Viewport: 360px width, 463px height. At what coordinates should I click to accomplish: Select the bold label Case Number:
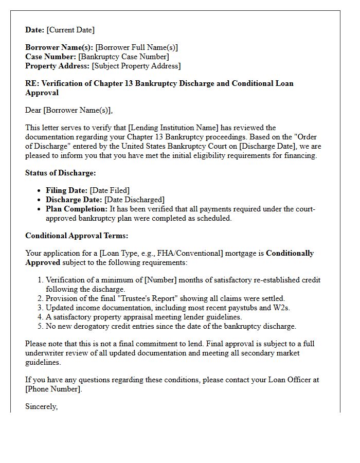[x=50, y=57]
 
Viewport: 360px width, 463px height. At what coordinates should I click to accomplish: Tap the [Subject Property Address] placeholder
[x=136, y=66]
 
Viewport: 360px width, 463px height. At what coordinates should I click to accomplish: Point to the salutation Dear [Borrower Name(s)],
[x=68, y=110]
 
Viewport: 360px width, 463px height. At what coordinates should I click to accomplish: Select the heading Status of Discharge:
[x=60, y=173]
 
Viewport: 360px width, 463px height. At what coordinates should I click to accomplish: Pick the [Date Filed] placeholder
[x=110, y=190]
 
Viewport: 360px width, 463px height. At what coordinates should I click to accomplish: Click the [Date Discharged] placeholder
[x=134, y=200]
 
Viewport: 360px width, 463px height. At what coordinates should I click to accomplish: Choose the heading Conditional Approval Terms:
[x=77, y=236]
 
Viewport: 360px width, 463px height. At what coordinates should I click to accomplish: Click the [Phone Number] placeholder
[x=53, y=389]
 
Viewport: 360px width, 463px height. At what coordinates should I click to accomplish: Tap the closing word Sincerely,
[x=41, y=406]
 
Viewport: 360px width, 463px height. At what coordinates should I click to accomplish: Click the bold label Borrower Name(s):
[x=59, y=47]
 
